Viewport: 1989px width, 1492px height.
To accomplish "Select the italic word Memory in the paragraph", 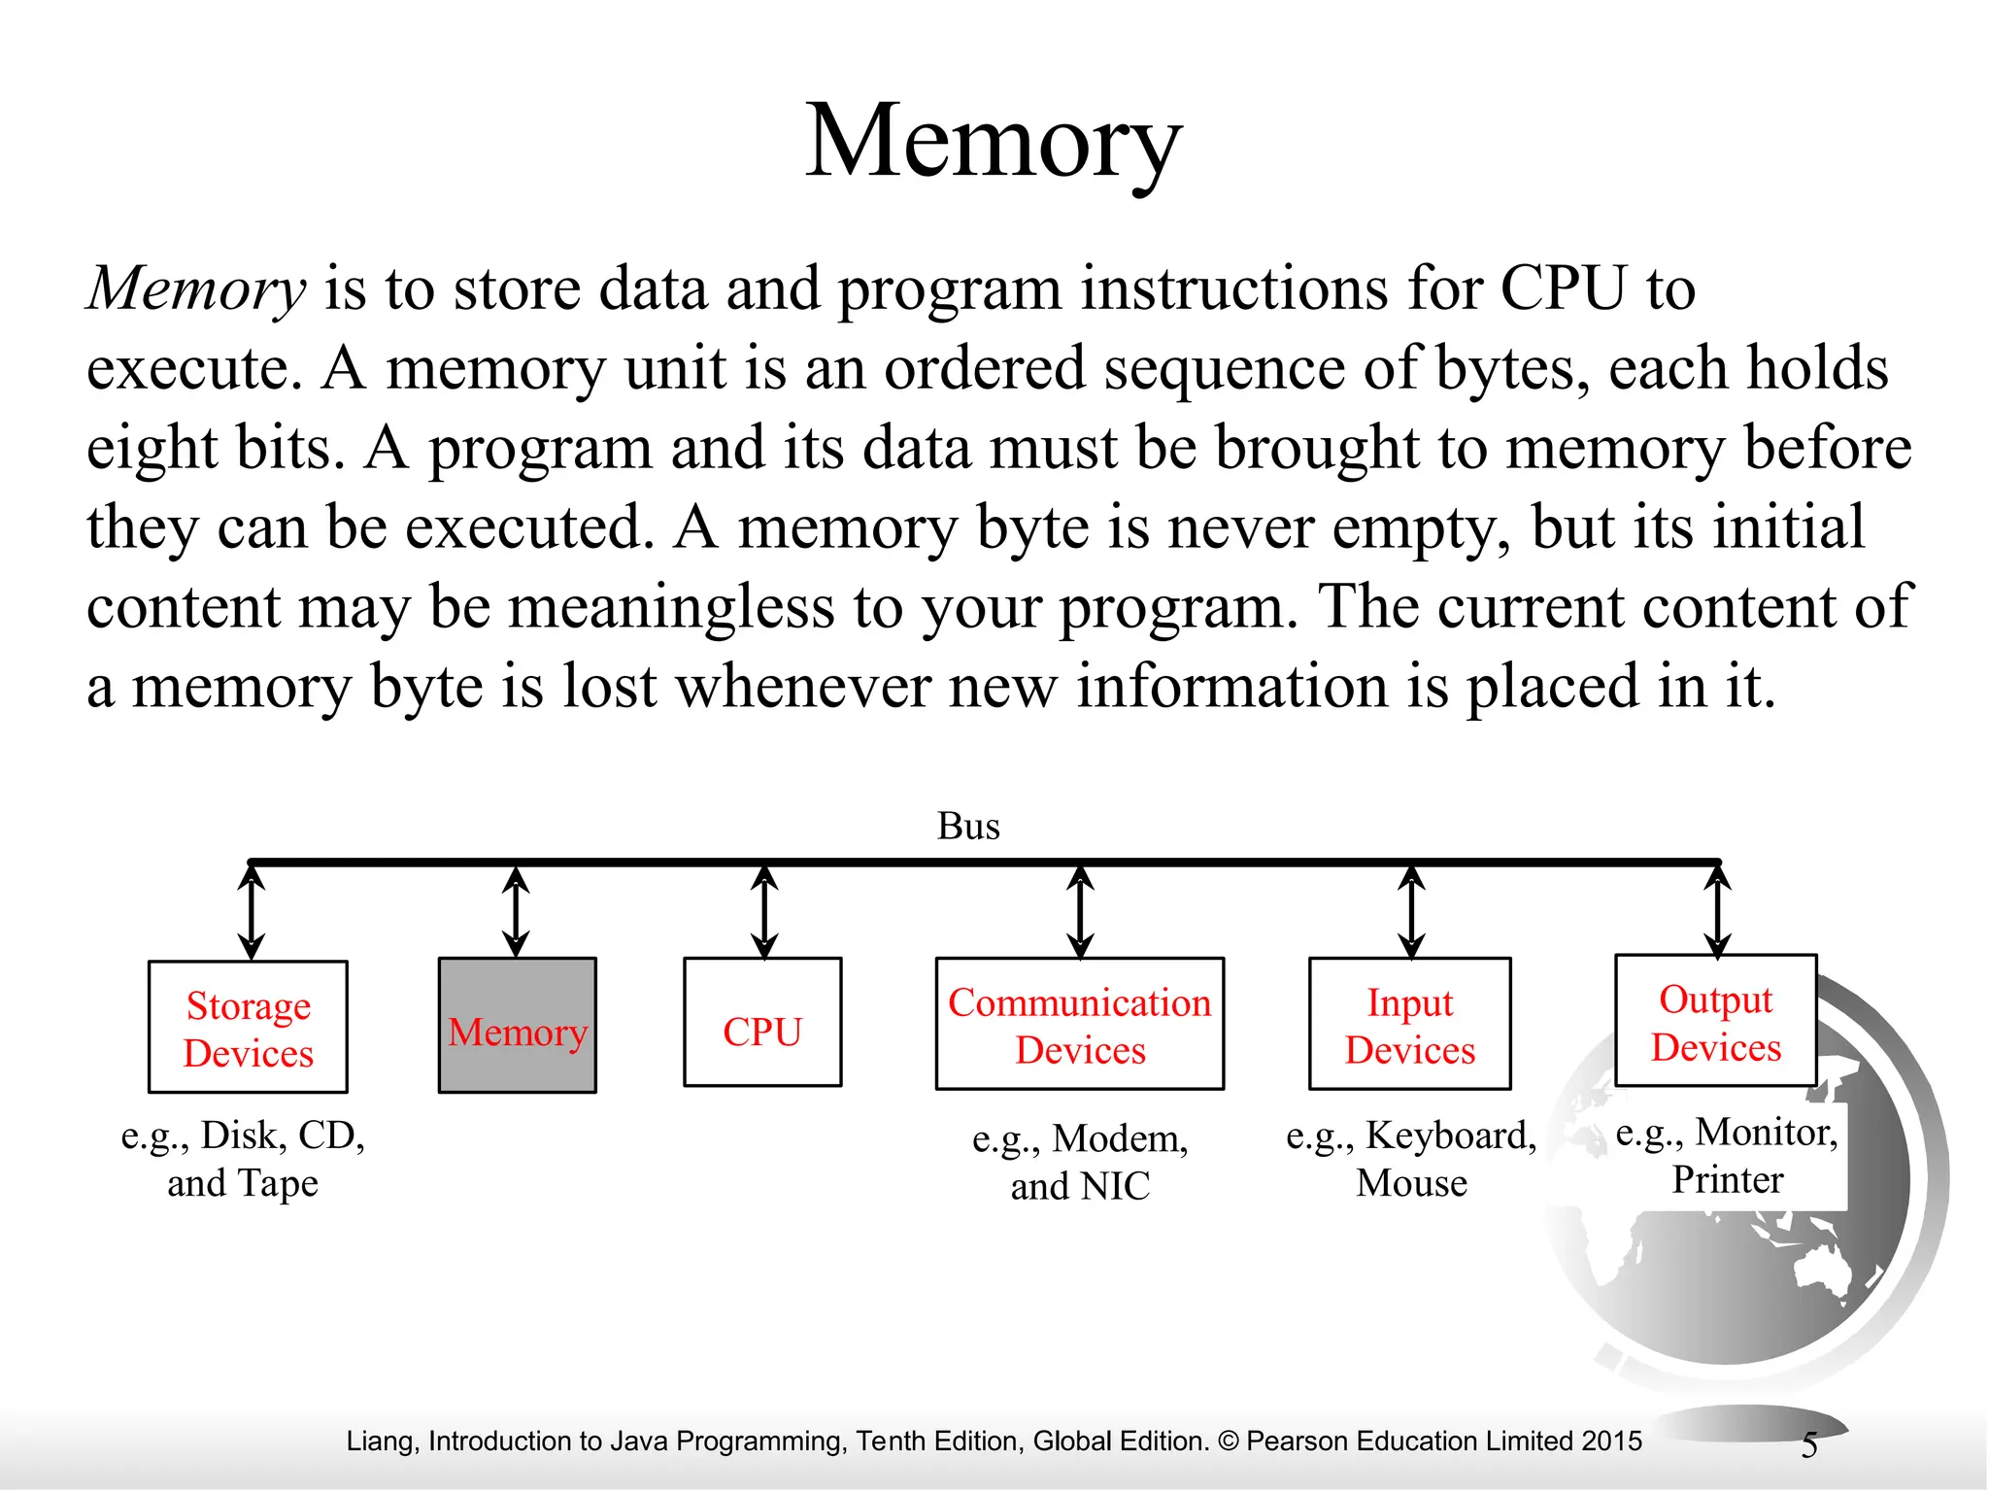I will tap(197, 288).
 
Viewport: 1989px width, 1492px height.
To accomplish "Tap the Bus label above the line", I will tap(968, 827).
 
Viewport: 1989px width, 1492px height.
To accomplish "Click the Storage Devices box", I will tap(249, 1028).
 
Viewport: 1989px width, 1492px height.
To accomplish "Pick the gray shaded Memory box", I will tap(518, 1026).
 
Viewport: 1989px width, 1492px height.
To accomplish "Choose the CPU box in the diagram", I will tap(762, 1023).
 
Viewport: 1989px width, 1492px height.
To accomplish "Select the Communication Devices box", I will tap(1080, 1025).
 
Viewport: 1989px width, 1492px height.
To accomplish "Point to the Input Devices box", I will tap(1410, 1025).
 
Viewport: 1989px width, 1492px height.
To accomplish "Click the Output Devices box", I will tap(1716, 1021).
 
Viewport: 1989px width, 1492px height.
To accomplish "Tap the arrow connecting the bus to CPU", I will tap(764, 912).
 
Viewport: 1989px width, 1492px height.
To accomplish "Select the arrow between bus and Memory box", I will tap(517, 912).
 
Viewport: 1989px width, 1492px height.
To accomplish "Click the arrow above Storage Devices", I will tap(252, 913).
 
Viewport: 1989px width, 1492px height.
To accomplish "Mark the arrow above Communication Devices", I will tap(1080, 912).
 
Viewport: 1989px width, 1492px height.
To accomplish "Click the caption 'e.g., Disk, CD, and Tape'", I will tap(243, 1159).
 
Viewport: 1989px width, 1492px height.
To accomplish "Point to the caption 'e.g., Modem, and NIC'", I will tap(1080, 1162).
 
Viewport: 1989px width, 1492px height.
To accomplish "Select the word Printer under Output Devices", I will tap(1728, 1180).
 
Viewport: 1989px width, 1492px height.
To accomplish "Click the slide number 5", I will tap(1808, 1445).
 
